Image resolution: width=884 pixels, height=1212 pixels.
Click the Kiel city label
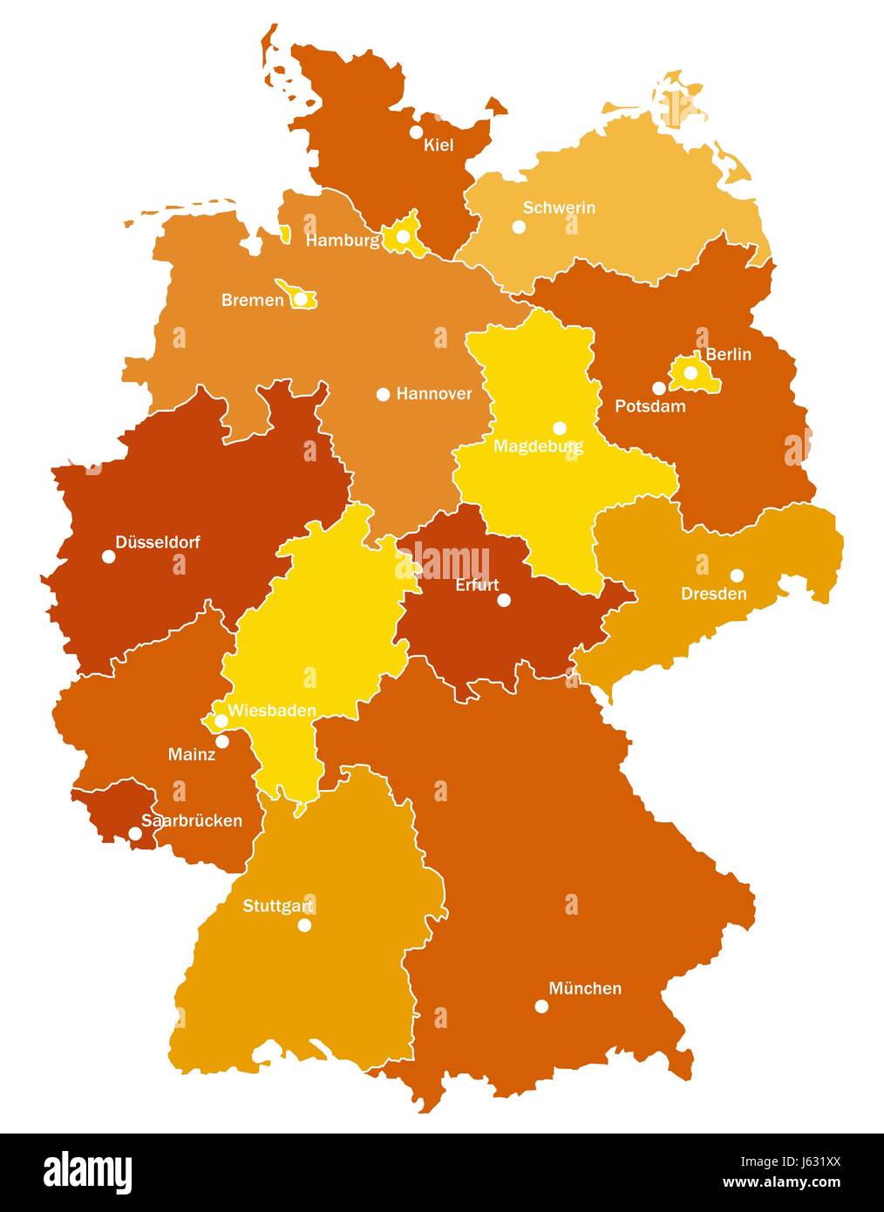(x=439, y=146)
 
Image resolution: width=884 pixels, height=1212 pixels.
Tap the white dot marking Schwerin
(x=519, y=227)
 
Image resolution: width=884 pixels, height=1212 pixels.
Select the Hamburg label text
(x=343, y=241)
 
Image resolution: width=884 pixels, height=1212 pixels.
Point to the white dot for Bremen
(x=300, y=299)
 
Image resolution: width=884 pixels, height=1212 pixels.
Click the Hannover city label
(x=433, y=394)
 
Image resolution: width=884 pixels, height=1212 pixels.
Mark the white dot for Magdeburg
(x=560, y=428)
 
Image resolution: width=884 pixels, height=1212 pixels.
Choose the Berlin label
(x=728, y=355)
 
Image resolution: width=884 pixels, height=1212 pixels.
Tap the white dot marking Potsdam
(x=659, y=388)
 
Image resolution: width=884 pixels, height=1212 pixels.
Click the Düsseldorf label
(x=158, y=542)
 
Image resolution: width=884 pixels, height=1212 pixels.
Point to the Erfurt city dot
(x=503, y=600)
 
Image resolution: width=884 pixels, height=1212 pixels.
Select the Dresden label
(x=713, y=594)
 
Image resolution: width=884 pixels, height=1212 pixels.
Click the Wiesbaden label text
(x=272, y=711)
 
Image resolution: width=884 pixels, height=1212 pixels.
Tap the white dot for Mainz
(x=222, y=741)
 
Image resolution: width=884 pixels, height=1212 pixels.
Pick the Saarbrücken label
(x=192, y=820)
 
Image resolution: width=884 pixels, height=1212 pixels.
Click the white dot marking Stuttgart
(x=304, y=925)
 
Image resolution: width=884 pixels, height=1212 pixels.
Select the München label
(x=585, y=989)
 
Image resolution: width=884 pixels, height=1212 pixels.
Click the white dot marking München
(x=541, y=1006)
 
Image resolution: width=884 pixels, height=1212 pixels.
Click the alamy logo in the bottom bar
(x=87, y=1173)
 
